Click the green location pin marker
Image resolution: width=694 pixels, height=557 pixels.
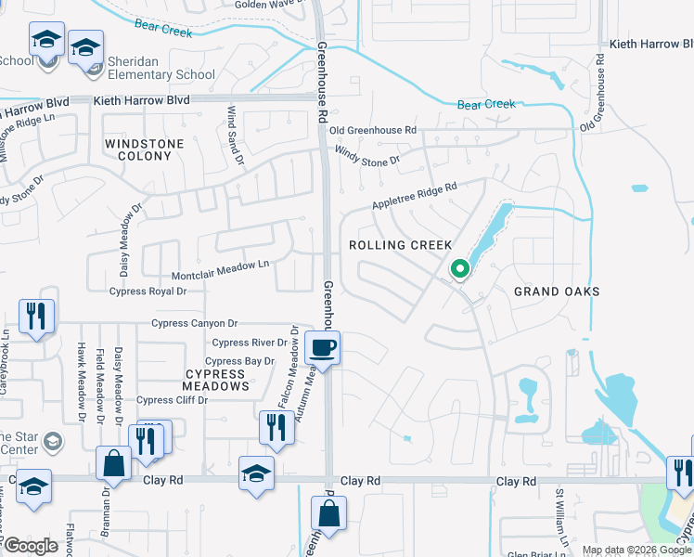click(459, 269)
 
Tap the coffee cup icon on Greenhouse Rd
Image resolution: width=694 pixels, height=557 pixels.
click(322, 348)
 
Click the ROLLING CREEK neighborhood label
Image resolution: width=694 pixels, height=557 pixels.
click(400, 245)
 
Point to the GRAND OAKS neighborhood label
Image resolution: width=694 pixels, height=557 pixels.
click(557, 291)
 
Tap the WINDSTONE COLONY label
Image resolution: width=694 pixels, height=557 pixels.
click(138, 149)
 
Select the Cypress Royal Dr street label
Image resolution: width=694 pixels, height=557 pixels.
click(148, 291)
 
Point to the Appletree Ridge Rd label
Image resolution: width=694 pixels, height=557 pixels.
click(414, 196)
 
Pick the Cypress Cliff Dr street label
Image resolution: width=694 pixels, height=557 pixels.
click(173, 400)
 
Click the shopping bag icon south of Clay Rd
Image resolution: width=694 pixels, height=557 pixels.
click(328, 512)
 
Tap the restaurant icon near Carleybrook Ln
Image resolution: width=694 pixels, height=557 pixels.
click(36, 316)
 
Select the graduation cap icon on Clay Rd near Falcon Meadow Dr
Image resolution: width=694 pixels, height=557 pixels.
click(256, 473)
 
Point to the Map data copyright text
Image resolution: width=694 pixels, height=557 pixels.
click(636, 550)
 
